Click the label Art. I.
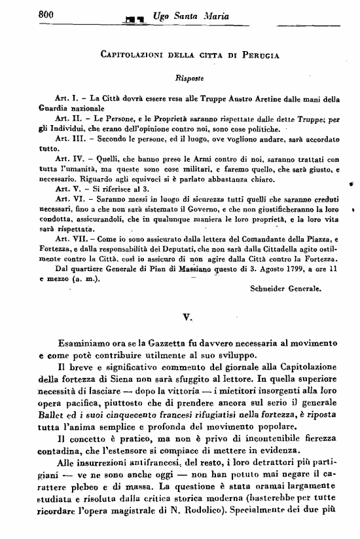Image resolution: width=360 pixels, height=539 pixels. pos(67,99)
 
